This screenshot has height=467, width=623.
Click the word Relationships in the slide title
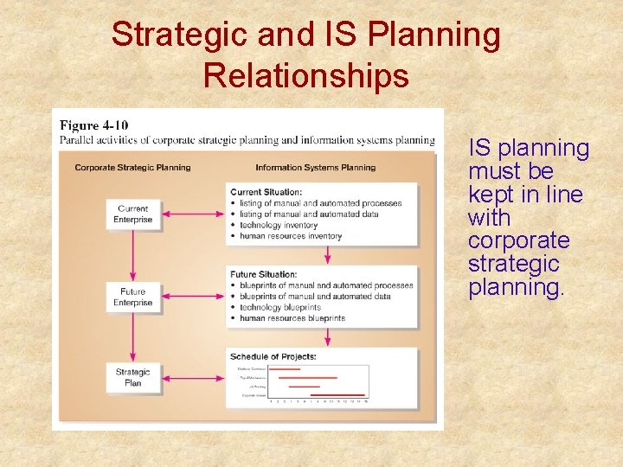click(x=305, y=75)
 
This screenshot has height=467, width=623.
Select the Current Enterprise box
click(x=132, y=214)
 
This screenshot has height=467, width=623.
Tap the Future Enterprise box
click(x=132, y=297)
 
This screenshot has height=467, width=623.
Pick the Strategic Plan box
click(x=132, y=378)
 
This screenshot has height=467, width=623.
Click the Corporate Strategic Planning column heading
click(x=132, y=167)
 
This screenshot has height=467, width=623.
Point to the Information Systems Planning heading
click(x=315, y=167)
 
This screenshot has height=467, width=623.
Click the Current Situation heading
click(x=266, y=192)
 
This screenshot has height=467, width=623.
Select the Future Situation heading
click(x=263, y=275)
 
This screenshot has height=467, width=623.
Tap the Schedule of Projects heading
click(x=273, y=356)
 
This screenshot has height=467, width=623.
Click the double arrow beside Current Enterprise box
click(x=192, y=214)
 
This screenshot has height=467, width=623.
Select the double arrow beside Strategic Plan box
click(x=192, y=378)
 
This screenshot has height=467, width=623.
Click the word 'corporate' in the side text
click(x=518, y=240)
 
